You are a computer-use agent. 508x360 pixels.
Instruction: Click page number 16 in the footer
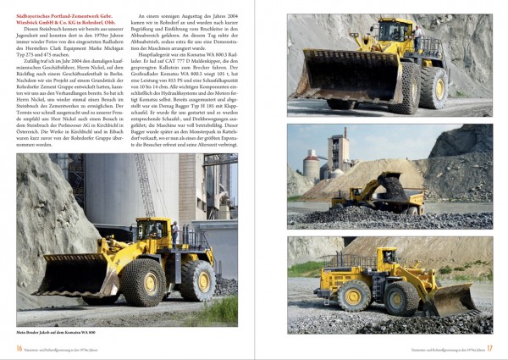(x=19, y=347)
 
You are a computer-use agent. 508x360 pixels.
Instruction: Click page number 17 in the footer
(x=489, y=347)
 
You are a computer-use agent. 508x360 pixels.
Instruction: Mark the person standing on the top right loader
(x=417, y=34)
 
